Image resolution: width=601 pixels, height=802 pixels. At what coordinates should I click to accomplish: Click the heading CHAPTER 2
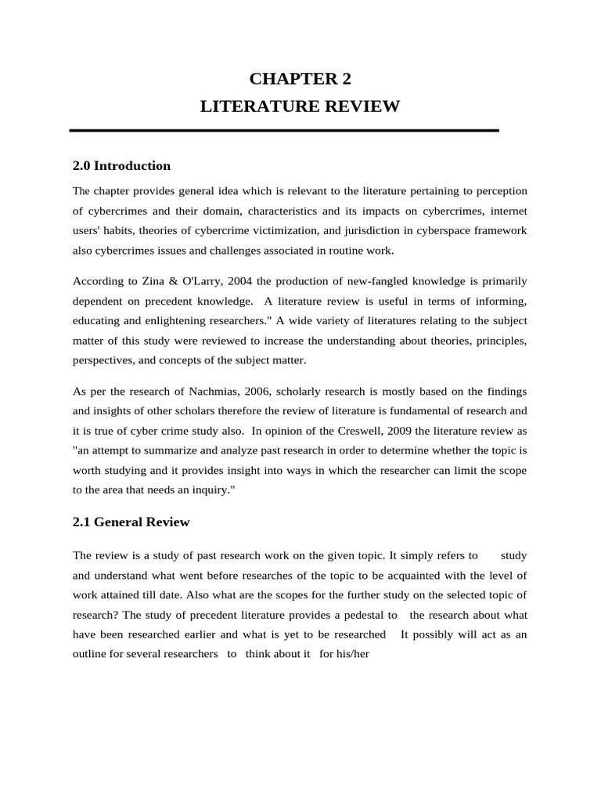click(x=300, y=78)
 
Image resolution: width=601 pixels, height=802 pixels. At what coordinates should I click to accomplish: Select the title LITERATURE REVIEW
click(x=300, y=107)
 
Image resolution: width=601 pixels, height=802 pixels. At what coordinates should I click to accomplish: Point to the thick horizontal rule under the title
click(x=284, y=130)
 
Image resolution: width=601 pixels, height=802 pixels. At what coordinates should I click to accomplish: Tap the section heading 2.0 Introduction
click(x=121, y=165)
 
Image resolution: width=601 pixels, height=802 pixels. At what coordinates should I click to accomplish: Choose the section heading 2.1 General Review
click(x=131, y=522)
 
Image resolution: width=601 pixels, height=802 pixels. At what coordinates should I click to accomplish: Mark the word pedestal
click(x=365, y=614)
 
